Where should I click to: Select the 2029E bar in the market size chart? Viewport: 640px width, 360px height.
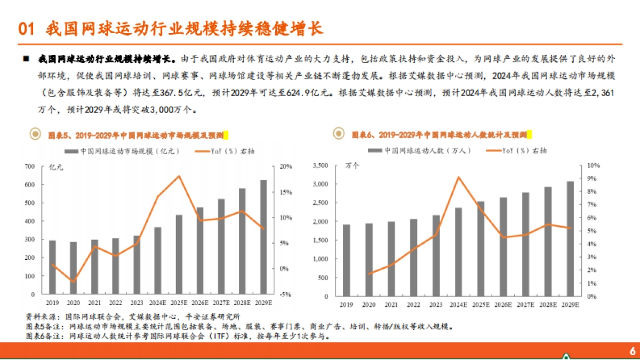(263, 237)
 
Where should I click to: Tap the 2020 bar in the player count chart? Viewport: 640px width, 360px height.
(369, 260)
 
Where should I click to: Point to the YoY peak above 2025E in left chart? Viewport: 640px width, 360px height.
(179, 176)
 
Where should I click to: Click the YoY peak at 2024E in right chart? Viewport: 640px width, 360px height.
(458, 177)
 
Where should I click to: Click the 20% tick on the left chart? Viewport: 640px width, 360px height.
(286, 167)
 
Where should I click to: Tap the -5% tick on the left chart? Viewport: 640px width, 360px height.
(285, 294)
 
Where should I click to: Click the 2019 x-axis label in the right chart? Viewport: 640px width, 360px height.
(347, 304)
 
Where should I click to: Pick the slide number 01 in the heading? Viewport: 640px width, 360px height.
(27, 28)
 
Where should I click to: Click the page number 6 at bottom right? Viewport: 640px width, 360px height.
(633, 350)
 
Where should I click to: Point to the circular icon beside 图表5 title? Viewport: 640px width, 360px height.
(35, 134)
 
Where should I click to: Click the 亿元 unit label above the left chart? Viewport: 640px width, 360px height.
(56, 167)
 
